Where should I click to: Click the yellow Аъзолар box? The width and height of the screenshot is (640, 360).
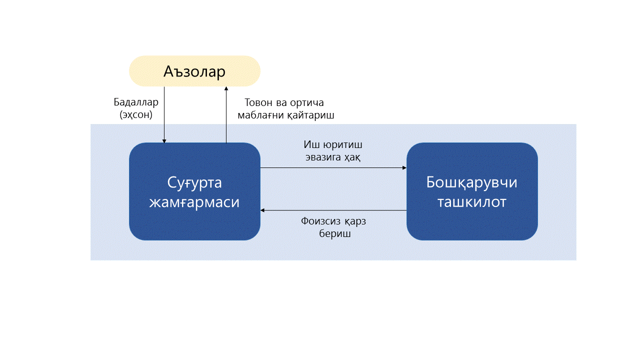coord(194,71)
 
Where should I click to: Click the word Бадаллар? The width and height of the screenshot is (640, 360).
coord(136,102)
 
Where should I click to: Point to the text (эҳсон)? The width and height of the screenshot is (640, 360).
coord(136,114)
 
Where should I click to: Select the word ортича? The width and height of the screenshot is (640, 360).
coord(306,103)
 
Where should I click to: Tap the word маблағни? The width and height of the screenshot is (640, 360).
coord(265,115)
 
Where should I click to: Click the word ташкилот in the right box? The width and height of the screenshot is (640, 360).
coord(472,202)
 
